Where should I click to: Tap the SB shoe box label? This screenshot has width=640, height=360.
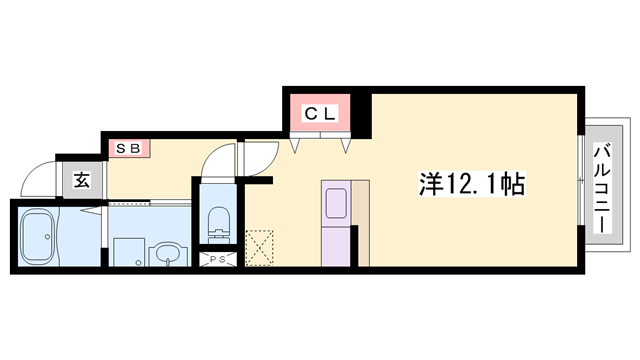(129, 149)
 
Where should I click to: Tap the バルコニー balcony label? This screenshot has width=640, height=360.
(603, 189)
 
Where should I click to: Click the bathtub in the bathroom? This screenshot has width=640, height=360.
(40, 236)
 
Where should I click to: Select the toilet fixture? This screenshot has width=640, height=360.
(216, 220)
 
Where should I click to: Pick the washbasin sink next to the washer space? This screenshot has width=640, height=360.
(167, 255)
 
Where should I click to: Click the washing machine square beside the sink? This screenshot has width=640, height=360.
(127, 253)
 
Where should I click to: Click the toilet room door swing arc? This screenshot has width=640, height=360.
(215, 162)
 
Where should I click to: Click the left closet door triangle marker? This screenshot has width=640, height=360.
(297, 146)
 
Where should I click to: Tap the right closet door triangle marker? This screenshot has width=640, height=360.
(346, 146)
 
